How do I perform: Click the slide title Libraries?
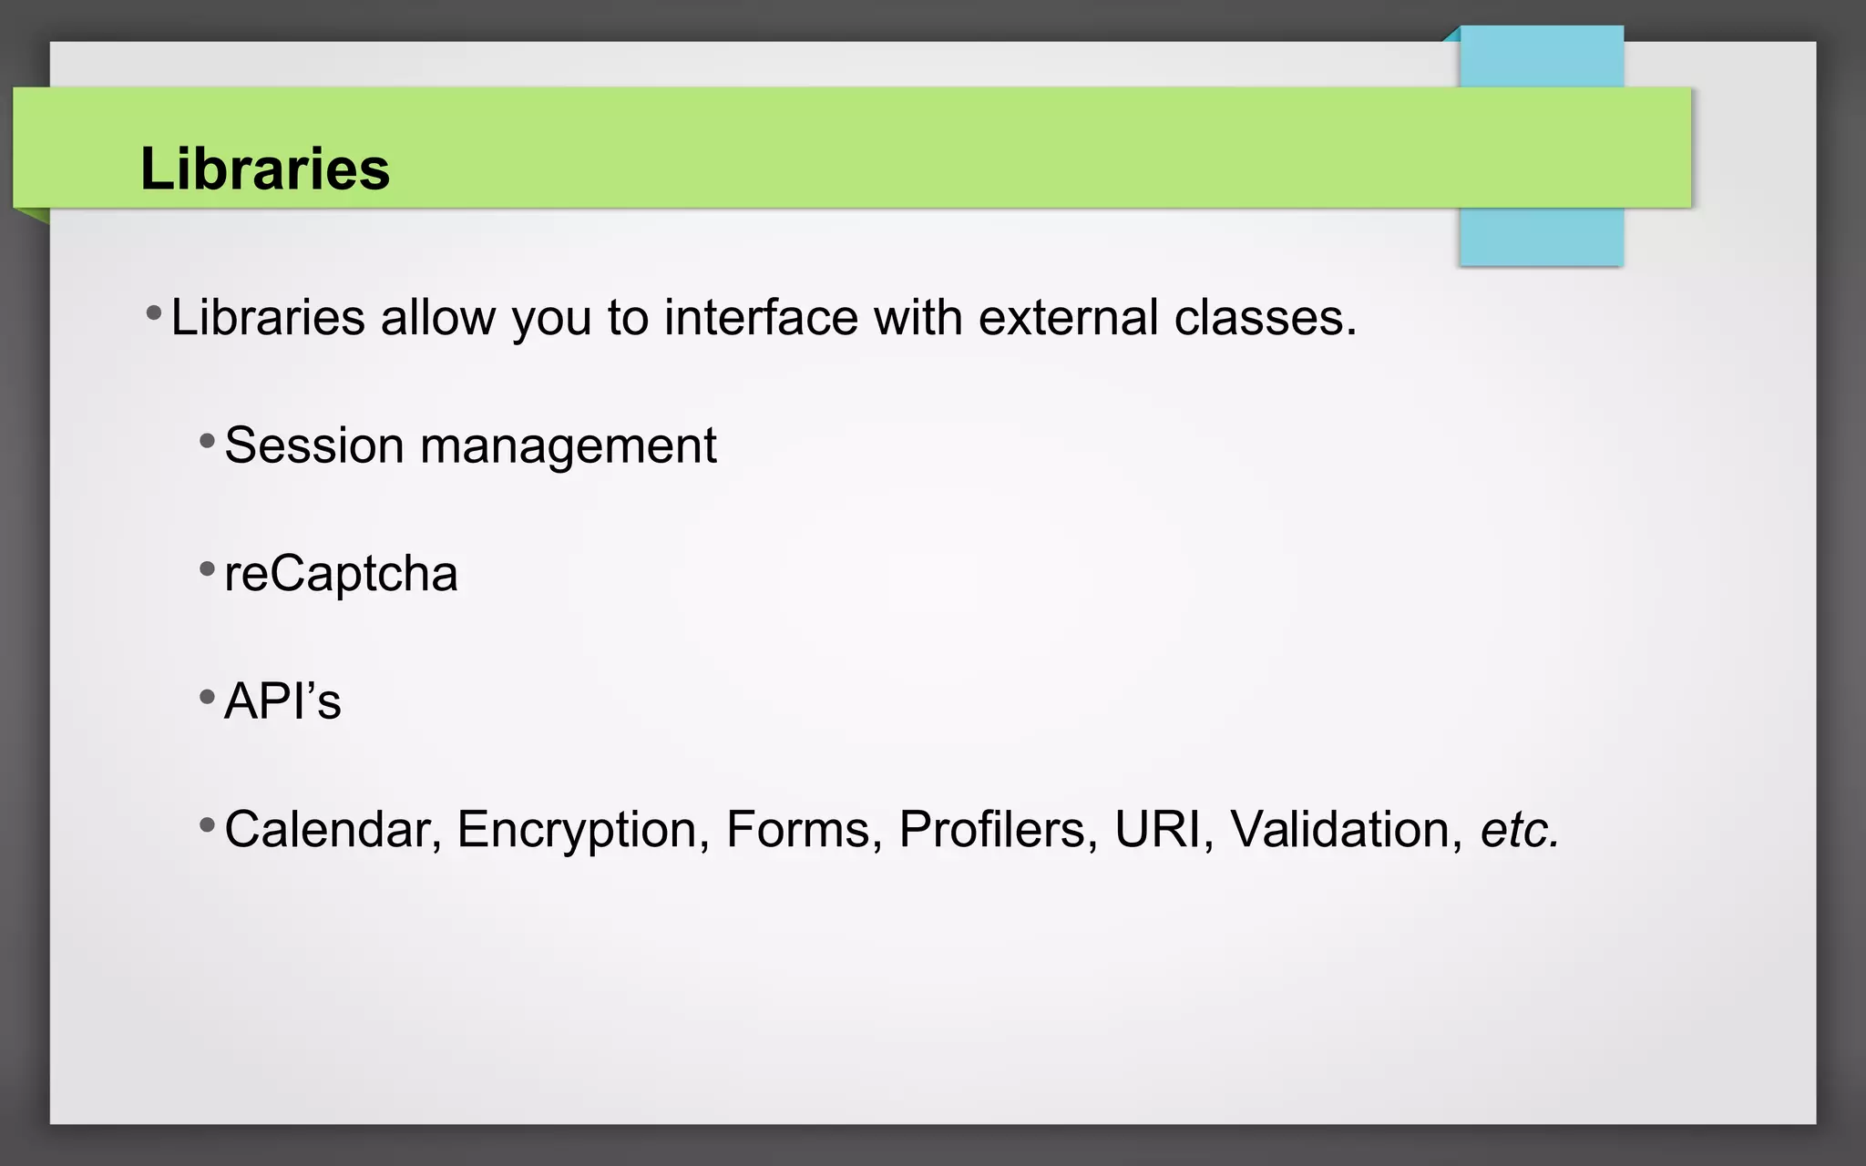tap(264, 169)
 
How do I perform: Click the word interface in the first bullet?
tap(761, 318)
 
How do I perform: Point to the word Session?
tap(313, 446)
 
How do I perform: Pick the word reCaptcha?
tap(341, 575)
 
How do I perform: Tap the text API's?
tap(282, 702)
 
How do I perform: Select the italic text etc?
tap(1519, 831)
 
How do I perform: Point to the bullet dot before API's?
tap(207, 699)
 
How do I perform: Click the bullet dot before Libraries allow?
tap(154, 314)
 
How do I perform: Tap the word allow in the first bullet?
tap(437, 318)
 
